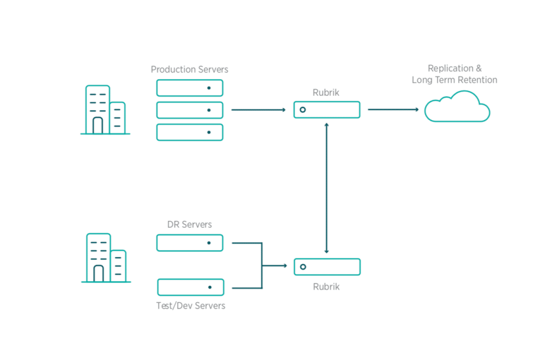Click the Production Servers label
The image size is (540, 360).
189,69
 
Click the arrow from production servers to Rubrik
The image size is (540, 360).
258,110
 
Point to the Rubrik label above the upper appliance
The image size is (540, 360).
326,93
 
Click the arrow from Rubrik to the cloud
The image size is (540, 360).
393,110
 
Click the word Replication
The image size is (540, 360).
451,68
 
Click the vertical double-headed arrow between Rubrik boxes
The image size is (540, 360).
327,188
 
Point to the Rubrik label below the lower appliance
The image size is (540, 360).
326,287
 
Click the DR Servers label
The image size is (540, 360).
189,225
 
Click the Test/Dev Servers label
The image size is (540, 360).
191,306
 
